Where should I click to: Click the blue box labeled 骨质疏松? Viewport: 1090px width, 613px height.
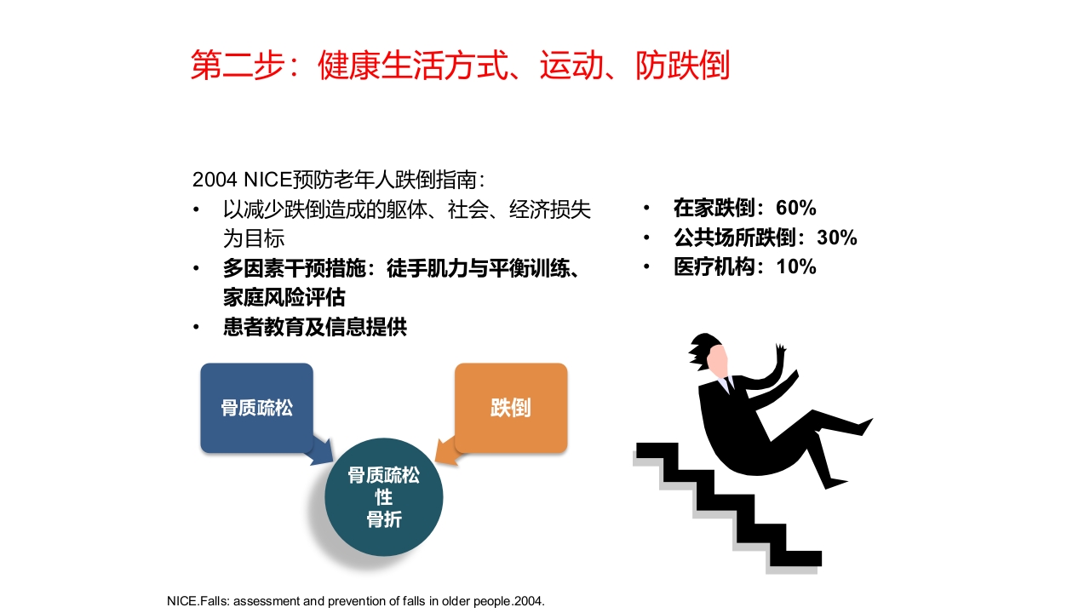pyautogui.click(x=256, y=408)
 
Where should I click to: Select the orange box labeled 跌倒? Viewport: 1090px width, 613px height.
pyautogui.click(x=510, y=408)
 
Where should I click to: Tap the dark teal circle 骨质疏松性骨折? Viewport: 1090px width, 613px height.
pyautogui.click(x=384, y=497)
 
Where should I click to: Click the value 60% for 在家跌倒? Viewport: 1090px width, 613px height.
pyautogui.click(x=796, y=208)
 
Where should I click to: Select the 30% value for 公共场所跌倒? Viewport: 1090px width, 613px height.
pyautogui.click(x=836, y=238)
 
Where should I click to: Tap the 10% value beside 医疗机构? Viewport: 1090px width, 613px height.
pyautogui.click(x=796, y=266)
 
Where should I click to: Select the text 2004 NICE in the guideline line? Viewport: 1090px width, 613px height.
pyautogui.click(x=242, y=180)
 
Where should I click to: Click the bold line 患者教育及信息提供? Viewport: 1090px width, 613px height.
pyautogui.click(x=315, y=327)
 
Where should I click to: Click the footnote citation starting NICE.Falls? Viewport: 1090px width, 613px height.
pyautogui.click(x=355, y=600)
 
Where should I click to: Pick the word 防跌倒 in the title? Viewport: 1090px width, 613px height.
pyautogui.click(x=682, y=66)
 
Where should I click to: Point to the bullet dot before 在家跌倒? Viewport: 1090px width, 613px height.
pyautogui.click(x=647, y=209)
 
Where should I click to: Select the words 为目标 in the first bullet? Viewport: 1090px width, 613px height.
pyautogui.click(x=254, y=238)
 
